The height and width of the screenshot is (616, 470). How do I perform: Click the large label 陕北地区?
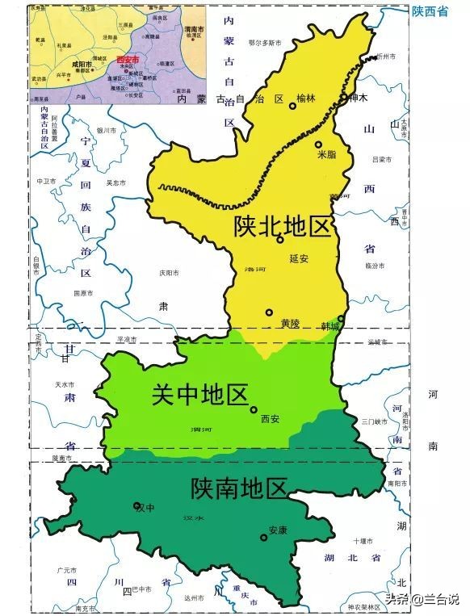282,226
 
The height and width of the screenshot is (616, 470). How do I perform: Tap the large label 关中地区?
199,395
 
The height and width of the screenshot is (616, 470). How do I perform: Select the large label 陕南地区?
239,488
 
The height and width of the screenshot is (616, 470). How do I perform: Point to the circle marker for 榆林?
292,106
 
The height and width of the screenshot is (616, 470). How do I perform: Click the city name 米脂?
326,154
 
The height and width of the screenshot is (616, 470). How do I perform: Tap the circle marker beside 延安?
279,240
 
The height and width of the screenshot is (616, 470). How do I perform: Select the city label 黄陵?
290,323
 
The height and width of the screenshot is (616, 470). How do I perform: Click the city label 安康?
277,530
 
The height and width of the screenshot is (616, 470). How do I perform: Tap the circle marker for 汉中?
137,506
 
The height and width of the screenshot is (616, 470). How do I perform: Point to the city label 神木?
359,97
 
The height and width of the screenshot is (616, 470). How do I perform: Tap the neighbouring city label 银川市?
107,130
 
